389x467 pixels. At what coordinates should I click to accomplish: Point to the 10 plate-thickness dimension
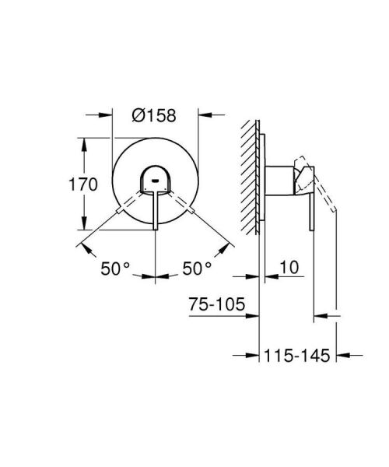288,268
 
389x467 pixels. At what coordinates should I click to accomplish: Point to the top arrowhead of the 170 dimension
81,143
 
